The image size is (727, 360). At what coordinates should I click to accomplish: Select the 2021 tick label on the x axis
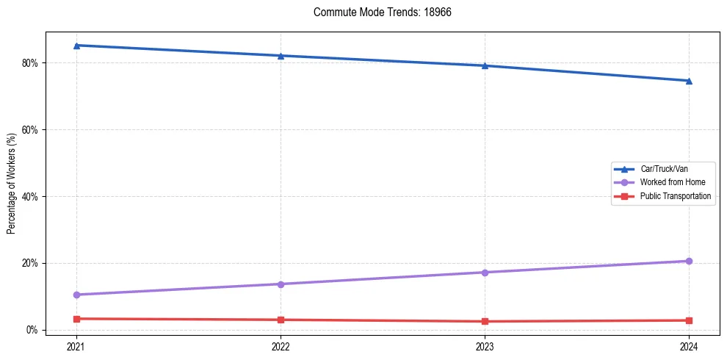coord(76,345)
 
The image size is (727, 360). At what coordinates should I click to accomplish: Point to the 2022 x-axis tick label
coord(281,345)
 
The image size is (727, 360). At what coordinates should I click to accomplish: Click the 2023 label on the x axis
coord(485,345)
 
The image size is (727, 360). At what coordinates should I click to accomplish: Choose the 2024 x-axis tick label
coord(689,345)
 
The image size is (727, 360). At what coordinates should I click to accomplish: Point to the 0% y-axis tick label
coord(32,330)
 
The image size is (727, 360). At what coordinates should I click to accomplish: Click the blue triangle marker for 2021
coord(76,46)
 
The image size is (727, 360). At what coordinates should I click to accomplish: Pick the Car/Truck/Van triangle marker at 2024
coord(689,81)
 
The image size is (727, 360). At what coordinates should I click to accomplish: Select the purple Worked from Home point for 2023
coord(485,273)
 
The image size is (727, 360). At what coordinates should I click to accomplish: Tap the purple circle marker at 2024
coord(689,261)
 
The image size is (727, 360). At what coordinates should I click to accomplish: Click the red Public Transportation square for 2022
coord(281,320)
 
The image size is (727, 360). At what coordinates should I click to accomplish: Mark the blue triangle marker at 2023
coord(485,65)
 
